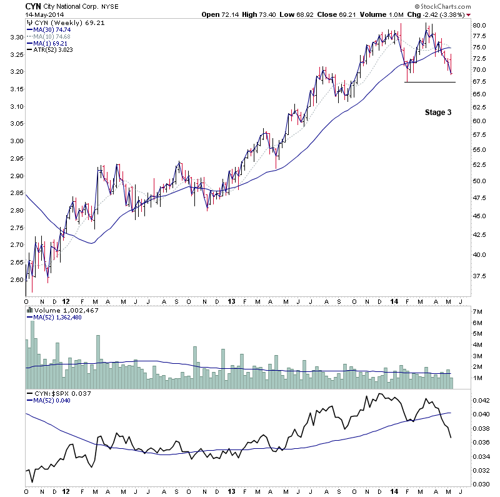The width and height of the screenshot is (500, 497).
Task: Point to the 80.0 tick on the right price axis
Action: [479, 25]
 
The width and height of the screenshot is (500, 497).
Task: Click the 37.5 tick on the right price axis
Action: [479, 275]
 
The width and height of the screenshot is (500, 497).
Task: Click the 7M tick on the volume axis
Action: [478, 311]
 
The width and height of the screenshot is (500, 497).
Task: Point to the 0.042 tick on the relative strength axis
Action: [481, 401]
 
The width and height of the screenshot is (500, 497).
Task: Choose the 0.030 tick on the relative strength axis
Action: [481, 484]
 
